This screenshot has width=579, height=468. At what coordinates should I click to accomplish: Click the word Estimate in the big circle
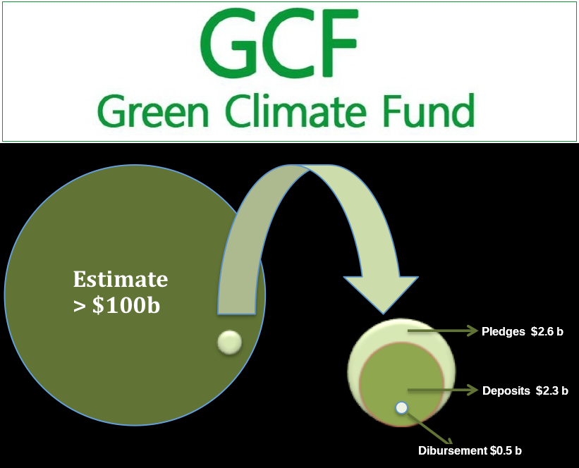(121, 280)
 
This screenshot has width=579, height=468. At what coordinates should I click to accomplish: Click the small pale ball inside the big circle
(230, 343)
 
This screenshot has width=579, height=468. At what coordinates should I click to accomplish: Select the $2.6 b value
(548, 331)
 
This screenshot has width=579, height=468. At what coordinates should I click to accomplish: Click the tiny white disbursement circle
(401, 407)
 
